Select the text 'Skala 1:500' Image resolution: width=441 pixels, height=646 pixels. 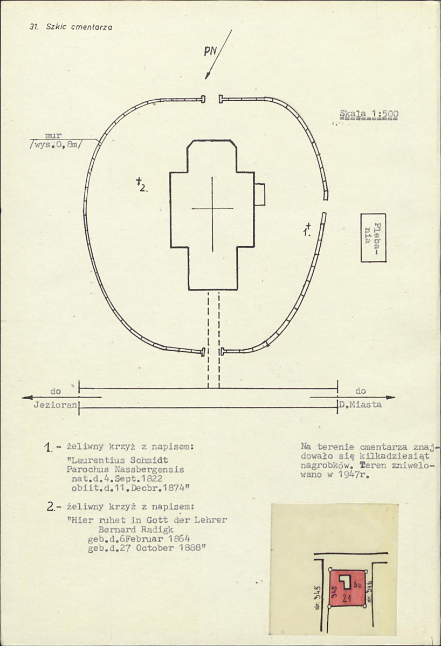point(369,114)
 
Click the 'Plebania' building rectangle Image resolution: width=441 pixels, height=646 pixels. point(374,238)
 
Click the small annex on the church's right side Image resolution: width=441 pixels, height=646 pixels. point(259,195)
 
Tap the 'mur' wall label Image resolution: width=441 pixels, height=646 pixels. point(53,135)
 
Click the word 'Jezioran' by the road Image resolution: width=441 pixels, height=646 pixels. point(55,405)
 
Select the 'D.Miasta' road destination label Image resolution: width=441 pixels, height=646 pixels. point(360,405)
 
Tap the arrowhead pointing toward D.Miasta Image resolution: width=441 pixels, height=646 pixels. point(390,398)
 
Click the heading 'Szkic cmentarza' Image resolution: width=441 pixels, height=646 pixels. point(79,27)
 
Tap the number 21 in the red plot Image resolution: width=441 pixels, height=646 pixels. point(347,598)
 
